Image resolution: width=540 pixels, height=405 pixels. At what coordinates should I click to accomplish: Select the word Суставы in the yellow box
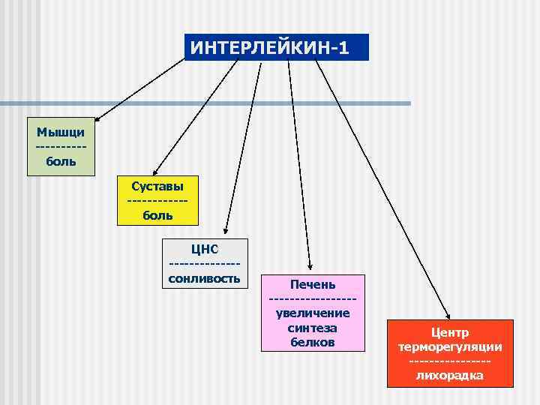click(157, 185)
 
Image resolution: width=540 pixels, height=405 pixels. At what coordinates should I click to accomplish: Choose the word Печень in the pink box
click(313, 284)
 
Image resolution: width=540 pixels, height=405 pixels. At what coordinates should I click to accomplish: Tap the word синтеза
click(313, 328)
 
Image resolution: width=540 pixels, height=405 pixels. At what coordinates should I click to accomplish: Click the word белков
click(313, 342)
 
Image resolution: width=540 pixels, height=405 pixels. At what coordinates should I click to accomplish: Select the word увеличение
click(313, 313)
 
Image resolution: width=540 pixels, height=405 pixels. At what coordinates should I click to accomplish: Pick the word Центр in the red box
click(450, 332)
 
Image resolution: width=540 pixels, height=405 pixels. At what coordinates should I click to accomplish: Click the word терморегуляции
click(450, 347)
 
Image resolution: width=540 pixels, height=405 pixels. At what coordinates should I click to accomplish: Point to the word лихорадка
click(450, 376)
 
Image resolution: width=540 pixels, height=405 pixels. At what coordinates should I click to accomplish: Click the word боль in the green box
click(61, 160)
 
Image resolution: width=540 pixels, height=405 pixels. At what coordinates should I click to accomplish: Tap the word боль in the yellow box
click(157, 215)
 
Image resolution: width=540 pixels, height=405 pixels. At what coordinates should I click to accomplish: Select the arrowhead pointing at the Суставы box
click(156, 172)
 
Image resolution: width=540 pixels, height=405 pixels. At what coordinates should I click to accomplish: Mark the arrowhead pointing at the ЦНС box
click(223, 232)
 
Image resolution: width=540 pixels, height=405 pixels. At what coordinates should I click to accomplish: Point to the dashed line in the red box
click(450, 363)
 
